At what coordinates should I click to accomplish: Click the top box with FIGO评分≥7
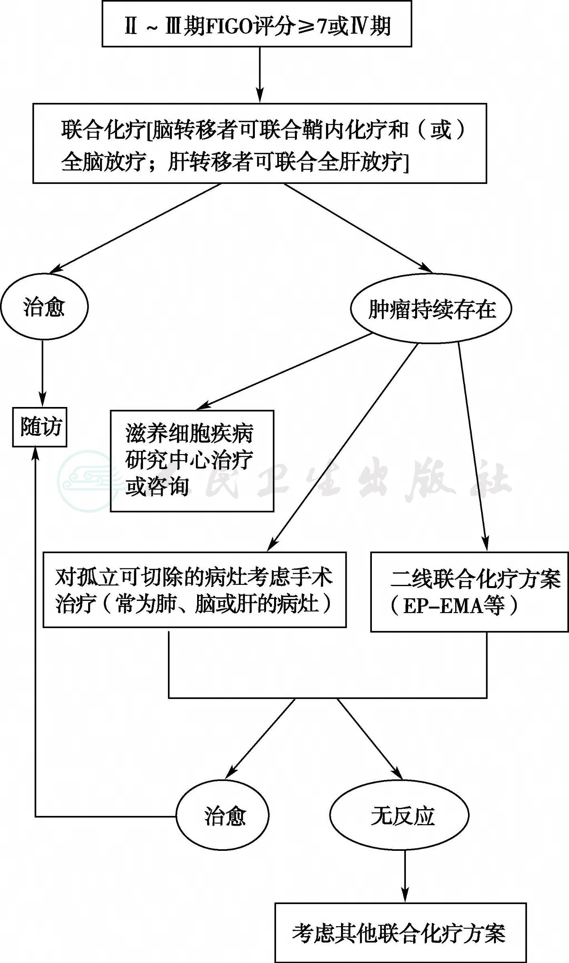(257, 24)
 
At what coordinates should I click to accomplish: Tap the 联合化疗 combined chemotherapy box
(260, 143)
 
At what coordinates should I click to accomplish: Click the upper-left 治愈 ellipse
(44, 307)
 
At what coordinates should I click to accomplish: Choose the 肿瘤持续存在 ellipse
(431, 309)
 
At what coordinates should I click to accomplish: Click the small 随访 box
(40, 427)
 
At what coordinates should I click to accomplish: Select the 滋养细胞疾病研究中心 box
(192, 461)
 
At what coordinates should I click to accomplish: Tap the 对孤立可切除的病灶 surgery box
(195, 590)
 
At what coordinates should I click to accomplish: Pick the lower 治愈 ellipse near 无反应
(223, 816)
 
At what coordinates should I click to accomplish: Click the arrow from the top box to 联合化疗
(260, 75)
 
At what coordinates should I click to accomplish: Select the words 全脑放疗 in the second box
(103, 162)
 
